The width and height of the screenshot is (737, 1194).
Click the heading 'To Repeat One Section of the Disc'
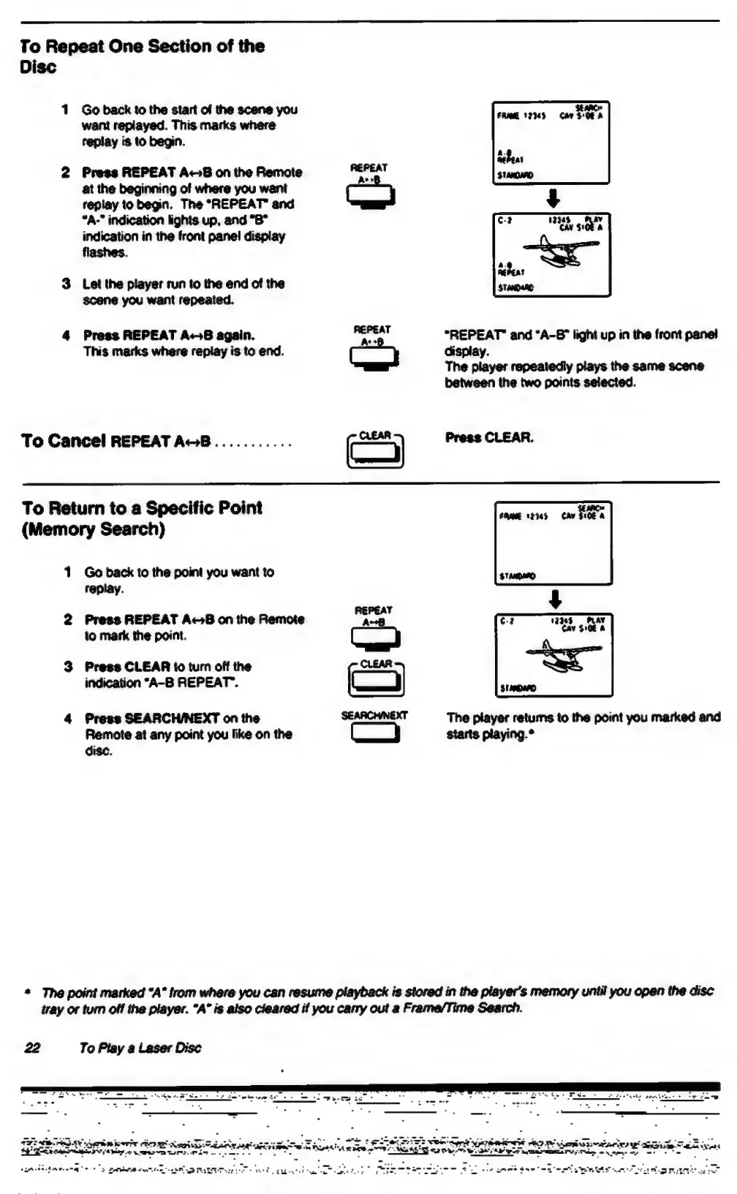tap(142, 56)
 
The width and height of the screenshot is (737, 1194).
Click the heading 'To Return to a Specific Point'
tap(142, 508)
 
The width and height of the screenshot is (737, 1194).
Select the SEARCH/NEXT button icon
tap(375, 733)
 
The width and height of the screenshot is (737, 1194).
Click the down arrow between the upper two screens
tap(554, 197)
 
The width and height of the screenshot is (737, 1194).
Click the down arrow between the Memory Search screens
tap(556, 600)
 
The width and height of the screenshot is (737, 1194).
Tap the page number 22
tap(32, 1048)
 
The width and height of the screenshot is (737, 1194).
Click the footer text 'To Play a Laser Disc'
tap(140, 1048)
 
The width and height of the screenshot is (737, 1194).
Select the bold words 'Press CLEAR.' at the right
tap(489, 438)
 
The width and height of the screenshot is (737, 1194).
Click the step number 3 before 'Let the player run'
tap(66, 284)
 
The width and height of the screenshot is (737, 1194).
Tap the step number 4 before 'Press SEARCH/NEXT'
tap(67, 719)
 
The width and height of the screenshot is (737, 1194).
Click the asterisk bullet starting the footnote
tap(27, 993)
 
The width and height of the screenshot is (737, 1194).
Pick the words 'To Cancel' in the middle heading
tap(64, 441)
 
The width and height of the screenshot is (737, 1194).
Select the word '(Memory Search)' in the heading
tap(93, 529)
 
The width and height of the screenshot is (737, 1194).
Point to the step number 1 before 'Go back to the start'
tap(65, 110)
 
